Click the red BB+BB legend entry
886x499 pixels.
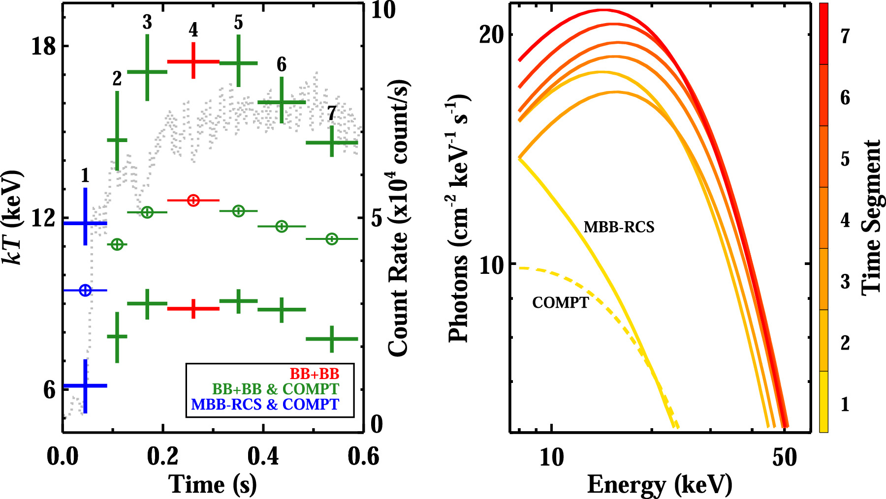(314, 374)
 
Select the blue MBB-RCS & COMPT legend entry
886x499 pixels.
(265, 405)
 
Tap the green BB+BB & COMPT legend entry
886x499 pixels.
(276, 389)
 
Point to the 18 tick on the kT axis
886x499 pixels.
(43, 47)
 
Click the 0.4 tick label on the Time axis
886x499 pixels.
(263, 457)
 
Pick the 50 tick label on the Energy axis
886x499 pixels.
(785, 458)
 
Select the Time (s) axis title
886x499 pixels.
(213, 485)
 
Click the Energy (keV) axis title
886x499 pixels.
(660, 485)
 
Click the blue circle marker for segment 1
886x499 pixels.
(85, 291)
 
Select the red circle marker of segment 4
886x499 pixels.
(193, 200)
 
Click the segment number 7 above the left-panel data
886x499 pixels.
(332, 113)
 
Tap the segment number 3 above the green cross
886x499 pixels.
(147, 23)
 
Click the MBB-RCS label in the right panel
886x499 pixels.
(619, 227)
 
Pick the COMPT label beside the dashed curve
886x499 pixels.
(560, 302)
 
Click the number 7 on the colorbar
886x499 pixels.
(845, 36)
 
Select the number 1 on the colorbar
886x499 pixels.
(845, 404)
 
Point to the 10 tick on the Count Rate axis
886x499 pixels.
(383, 10)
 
